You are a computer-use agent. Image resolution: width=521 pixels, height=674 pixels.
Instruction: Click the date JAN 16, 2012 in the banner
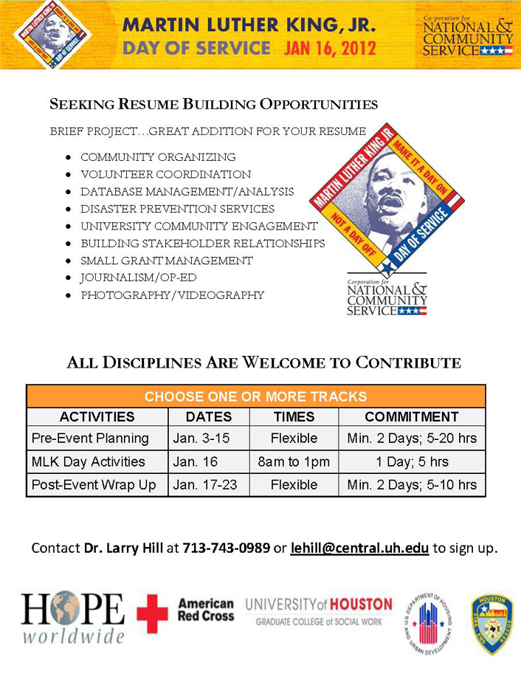click(330, 49)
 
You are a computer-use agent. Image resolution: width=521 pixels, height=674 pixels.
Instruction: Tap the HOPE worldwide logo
click(72, 616)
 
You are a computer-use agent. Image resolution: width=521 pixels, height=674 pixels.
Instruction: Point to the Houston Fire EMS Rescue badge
click(492, 615)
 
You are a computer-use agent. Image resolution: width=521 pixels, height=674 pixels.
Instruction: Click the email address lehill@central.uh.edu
click(360, 549)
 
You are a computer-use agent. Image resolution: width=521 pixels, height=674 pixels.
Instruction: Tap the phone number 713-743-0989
click(227, 549)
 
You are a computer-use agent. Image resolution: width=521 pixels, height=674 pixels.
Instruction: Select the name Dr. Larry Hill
click(123, 549)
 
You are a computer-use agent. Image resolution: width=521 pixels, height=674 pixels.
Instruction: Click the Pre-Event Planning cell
click(90, 438)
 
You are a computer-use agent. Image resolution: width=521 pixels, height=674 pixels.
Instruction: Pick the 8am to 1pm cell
click(294, 461)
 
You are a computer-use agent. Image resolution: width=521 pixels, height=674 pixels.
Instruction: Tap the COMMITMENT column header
click(411, 416)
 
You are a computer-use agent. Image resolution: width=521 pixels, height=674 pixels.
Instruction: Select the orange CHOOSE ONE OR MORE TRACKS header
click(255, 396)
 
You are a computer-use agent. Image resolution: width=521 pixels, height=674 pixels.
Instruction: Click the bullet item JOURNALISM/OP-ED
click(139, 278)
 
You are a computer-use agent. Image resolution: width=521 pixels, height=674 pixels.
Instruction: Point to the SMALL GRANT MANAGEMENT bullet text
click(167, 261)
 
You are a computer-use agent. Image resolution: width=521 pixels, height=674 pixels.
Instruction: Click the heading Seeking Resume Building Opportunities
click(213, 104)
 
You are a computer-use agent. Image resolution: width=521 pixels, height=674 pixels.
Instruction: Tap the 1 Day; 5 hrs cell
click(412, 461)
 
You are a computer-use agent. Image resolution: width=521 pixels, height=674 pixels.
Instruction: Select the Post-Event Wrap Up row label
click(94, 485)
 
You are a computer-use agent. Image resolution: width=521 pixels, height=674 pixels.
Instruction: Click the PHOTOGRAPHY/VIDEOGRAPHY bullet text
click(172, 295)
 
